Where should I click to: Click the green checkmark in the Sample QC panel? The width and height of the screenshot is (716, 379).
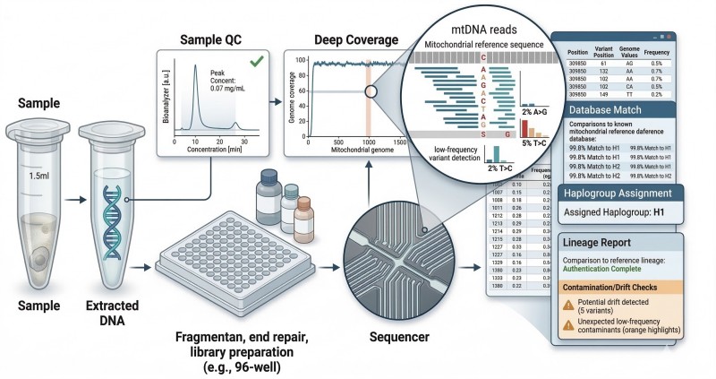click(256, 62)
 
